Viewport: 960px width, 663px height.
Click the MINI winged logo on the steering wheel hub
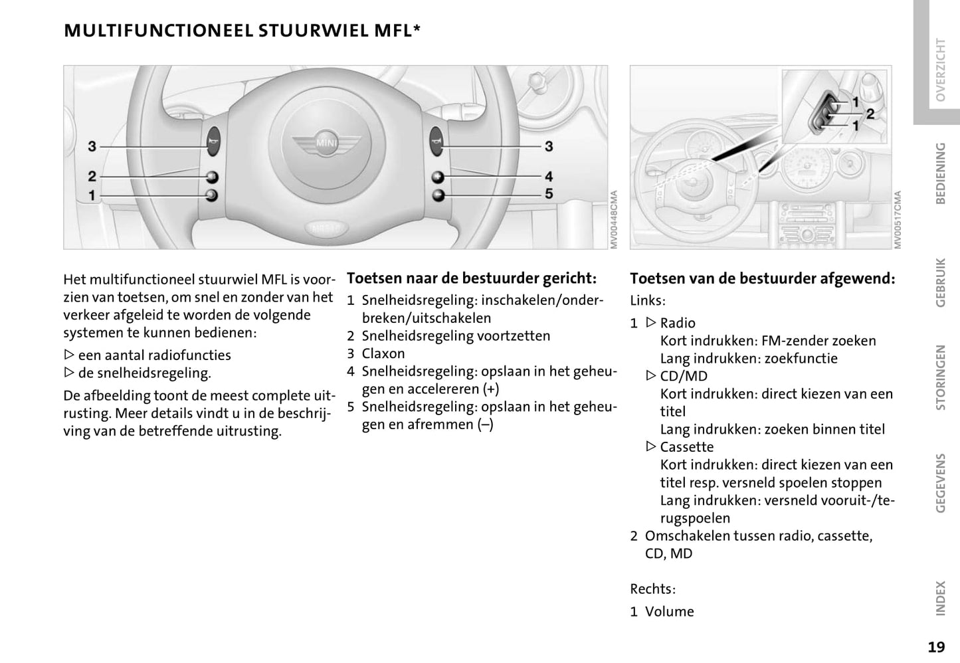(x=326, y=142)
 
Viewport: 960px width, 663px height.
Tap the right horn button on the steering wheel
(x=436, y=140)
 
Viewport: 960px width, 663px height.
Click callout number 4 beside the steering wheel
(x=549, y=176)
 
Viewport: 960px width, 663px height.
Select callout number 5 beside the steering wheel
(x=549, y=194)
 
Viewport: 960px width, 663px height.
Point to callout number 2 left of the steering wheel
(x=92, y=176)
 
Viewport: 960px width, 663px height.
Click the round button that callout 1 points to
(x=212, y=195)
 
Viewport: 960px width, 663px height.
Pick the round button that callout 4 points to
(x=437, y=177)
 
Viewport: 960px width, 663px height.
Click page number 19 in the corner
(x=936, y=646)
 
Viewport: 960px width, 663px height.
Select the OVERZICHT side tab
(x=939, y=70)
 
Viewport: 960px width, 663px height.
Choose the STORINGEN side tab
(x=939, y=377)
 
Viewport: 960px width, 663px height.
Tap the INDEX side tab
(x=939, y=598)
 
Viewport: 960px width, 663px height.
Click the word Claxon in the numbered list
(x=383, y=353)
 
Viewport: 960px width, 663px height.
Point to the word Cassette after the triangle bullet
(x=686, y=447)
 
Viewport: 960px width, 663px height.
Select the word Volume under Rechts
(x=669, y=611)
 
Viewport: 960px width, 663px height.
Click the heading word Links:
(x=648, y=300)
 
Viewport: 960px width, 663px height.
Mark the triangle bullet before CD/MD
(x=651, y=376)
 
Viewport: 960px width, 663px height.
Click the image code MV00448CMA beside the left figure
(x=614, y=220)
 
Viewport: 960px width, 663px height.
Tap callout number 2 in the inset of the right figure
(x=870, y=114)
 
